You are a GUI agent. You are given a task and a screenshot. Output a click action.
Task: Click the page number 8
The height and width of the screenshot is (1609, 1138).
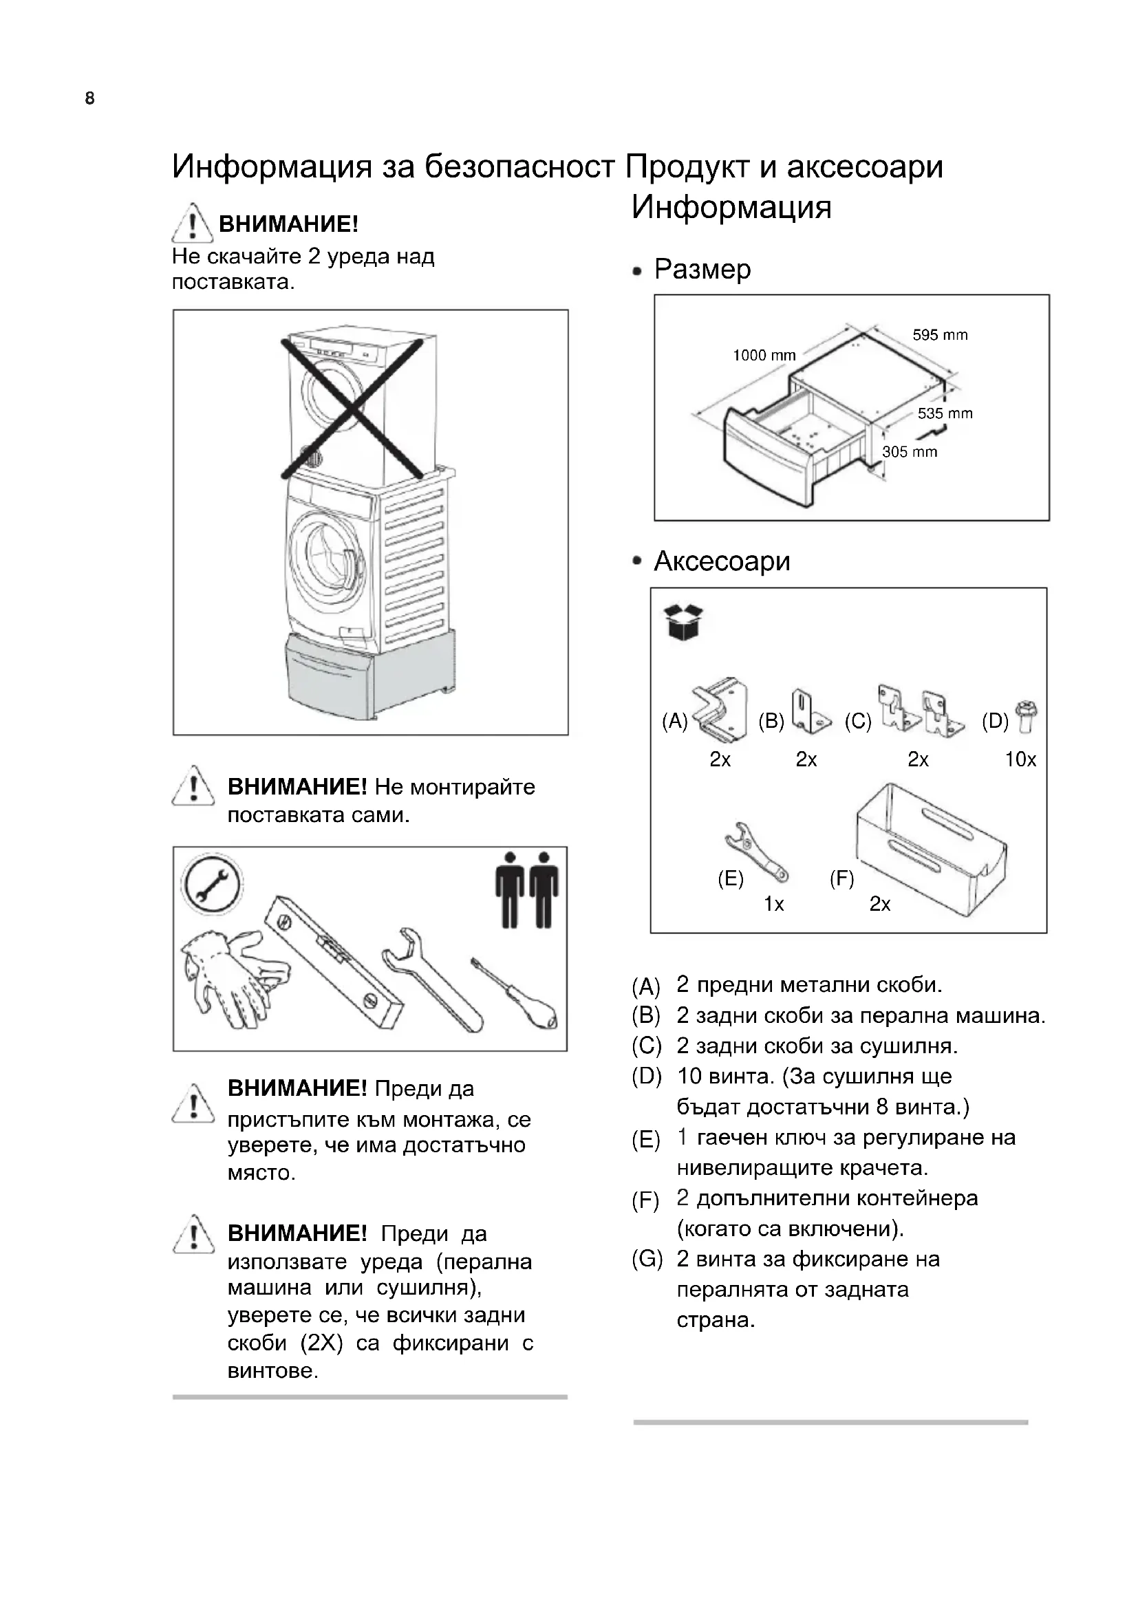click(x=89, y=99)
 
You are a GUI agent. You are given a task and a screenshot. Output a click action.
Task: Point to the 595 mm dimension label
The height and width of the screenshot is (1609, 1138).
click(x=940, y=335)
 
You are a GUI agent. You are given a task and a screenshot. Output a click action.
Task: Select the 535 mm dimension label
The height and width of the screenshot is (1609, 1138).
click(x=945, y=413)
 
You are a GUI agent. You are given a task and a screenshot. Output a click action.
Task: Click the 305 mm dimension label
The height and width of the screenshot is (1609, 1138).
click(x=910, y=452)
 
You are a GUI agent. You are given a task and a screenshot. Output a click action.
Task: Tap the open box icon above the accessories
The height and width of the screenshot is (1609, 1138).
click(x=683, y=623)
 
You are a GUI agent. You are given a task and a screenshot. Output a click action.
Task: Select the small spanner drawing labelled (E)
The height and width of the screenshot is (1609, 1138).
click(x=756, y=852)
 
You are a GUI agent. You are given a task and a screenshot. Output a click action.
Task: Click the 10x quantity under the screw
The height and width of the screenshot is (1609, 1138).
click(x=1020, y=759)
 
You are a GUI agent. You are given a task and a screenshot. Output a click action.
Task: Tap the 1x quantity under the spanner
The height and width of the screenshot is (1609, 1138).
click(x=773, y=904)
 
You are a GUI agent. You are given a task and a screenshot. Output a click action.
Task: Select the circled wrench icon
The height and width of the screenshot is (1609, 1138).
click(x=212, y=885)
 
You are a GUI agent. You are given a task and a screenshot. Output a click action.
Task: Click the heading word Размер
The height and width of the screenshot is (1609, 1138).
click(x=702, y=270)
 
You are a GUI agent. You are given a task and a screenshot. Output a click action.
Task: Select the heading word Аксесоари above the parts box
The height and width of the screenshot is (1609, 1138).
click(x=722, y=561)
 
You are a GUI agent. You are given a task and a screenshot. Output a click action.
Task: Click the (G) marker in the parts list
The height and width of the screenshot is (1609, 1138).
click(x=646, y=1260)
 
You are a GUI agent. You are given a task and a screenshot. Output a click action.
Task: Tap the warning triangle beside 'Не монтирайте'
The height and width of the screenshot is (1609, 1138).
click(x=193, y=787)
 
